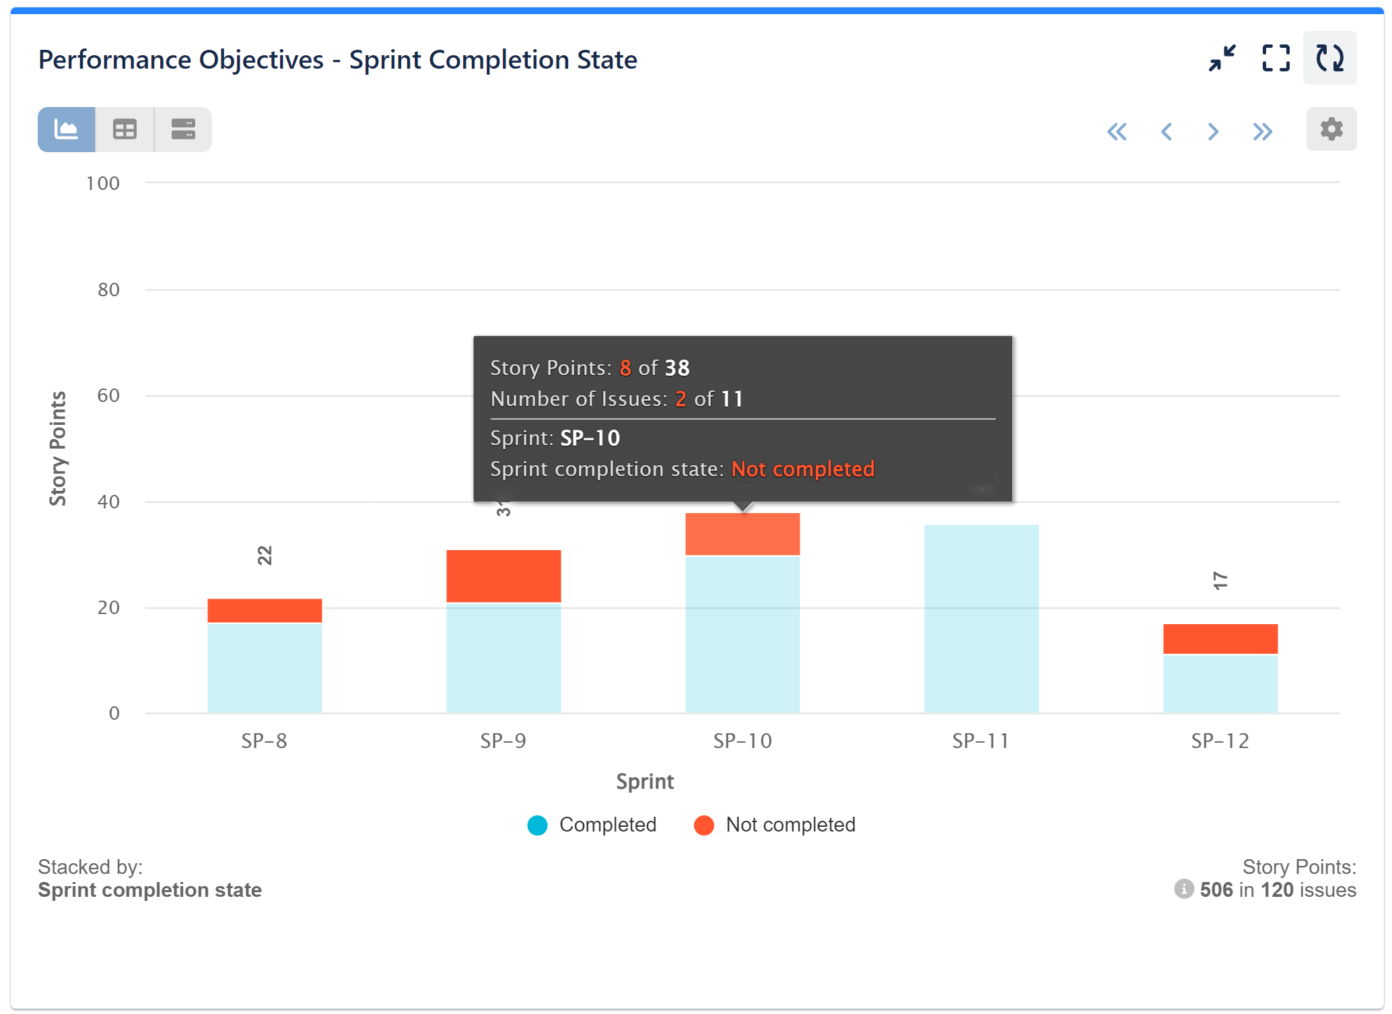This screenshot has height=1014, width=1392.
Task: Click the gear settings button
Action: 1331,129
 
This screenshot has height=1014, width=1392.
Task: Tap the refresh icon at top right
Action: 1329,59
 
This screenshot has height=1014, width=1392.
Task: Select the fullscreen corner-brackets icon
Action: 1276,59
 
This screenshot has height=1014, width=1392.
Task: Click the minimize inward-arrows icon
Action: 1222,59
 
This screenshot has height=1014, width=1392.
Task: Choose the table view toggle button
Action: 125,129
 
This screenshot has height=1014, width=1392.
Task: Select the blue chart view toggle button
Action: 66,129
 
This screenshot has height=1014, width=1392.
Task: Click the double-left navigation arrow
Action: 1117,131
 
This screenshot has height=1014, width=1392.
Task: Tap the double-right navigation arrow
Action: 1262,131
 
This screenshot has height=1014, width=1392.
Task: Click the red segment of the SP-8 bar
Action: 265,610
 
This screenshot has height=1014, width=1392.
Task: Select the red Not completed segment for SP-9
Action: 503,576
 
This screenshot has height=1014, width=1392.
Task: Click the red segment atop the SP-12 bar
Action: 1220,638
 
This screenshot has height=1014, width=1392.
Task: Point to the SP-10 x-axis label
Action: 742,741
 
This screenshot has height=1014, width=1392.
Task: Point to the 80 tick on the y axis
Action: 108,290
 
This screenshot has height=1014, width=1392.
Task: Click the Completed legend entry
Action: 592,825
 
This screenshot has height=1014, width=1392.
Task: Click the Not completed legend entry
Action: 775,825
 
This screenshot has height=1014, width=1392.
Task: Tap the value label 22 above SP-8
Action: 265,555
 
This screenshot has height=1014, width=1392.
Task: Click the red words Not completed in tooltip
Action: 802,469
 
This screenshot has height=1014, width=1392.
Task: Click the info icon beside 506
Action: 1183,889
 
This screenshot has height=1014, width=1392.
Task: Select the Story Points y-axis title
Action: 58,448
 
